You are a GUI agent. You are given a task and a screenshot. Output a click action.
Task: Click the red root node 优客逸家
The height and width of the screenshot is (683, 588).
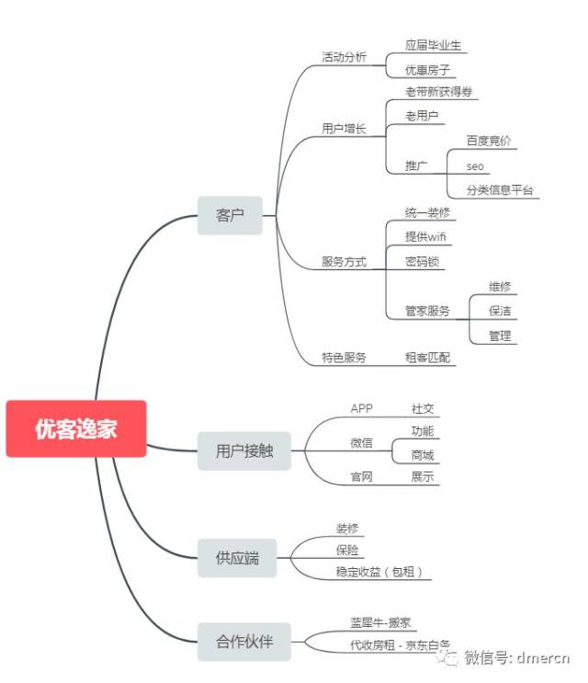coord(76,428)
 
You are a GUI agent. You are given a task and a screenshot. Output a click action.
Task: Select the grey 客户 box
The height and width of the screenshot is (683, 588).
coord(230,215)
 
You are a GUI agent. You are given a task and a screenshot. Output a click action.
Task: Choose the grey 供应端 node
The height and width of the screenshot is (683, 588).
coord(237,558)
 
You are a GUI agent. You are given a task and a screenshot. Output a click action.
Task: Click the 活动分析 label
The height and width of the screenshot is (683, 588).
coord(344,57)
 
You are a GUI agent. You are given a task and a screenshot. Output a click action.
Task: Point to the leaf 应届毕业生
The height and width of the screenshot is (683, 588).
coord(434,44)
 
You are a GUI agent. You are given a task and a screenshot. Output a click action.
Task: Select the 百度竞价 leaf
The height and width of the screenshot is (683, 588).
coord(489,141)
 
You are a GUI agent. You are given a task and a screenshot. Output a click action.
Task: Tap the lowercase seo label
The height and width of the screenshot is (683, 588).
coord(475,166)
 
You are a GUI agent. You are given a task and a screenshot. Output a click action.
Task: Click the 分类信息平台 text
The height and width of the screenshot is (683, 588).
coord(500,191)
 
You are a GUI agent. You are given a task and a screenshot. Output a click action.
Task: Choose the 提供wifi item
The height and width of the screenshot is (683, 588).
coord(426,237)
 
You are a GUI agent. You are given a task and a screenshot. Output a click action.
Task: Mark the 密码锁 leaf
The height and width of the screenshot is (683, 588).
coord(423,262)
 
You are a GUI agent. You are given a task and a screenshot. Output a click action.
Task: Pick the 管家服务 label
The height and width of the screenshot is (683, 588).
coord(428,311)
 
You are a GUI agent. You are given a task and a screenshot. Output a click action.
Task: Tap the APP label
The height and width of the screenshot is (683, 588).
coord(361,408)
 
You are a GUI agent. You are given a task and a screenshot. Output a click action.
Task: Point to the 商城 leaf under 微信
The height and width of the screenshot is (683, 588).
coord(423,455)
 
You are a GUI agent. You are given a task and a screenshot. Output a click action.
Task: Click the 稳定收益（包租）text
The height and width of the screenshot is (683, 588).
coord(379,572)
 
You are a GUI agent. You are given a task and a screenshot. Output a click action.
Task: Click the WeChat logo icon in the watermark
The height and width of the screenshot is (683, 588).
coord(447,656)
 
